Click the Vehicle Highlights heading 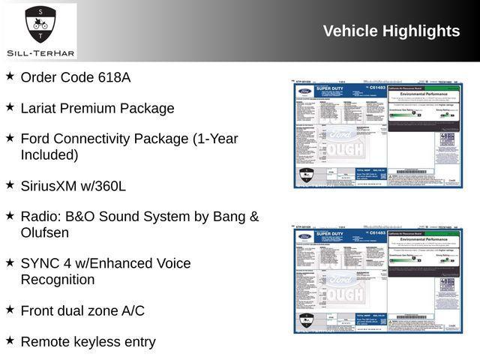pyautogui.click(x=391, y=31)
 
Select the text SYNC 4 pyautogui.click(x=46, y=263)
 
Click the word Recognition pyautogui.click(x=58, y=280)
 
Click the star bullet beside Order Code pyautogui.click(x=10, y=76)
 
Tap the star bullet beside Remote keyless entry pyautogui.click(x=10, y=340)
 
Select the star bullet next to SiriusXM pyautogui.click(x=10, y=184)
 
